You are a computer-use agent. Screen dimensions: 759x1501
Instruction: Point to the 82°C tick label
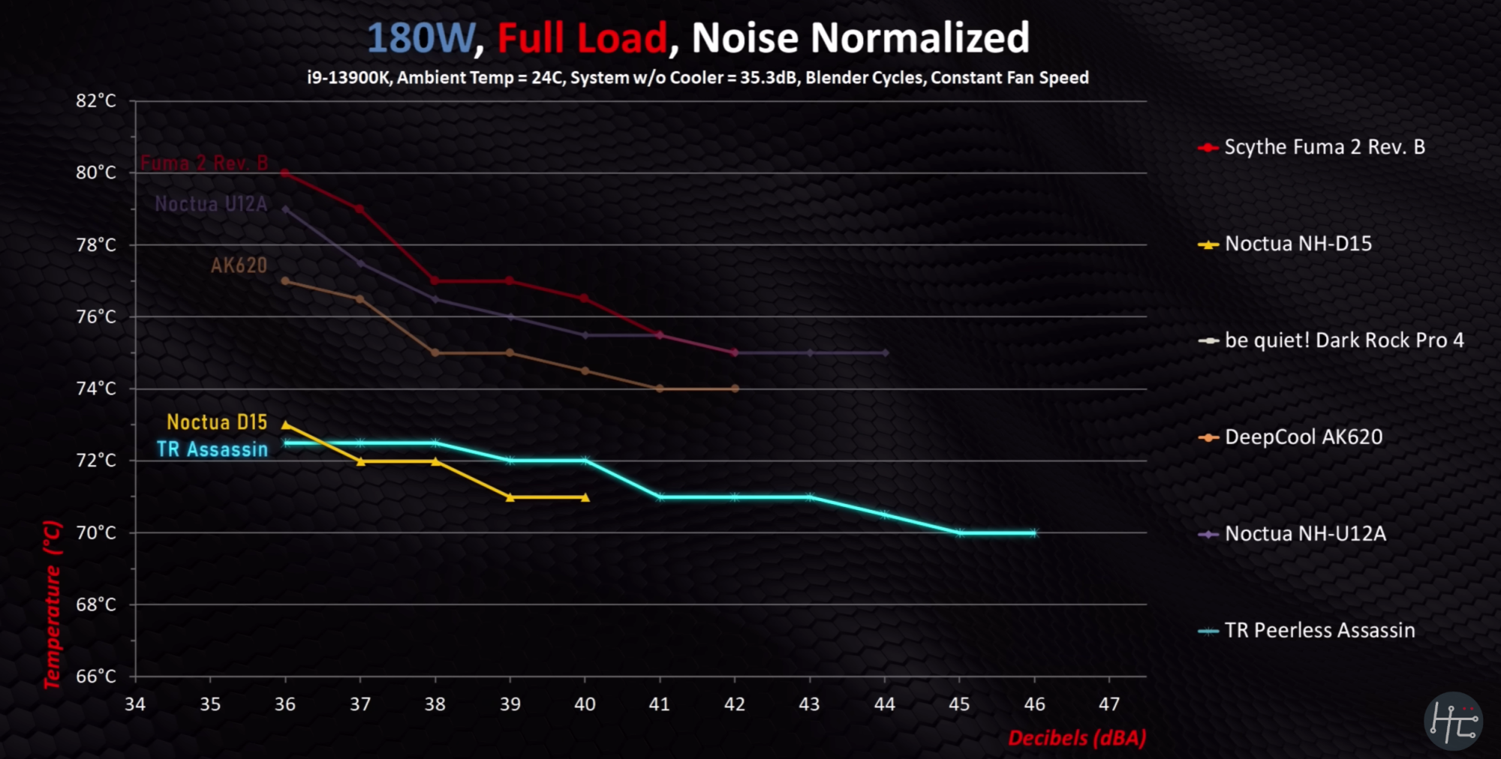click(96, 100)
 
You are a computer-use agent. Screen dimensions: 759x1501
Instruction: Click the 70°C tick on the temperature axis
click(96, 532)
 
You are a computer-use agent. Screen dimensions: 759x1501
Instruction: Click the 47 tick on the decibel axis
click(1109, 704)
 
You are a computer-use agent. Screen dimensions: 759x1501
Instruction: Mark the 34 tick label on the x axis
click(135, 704)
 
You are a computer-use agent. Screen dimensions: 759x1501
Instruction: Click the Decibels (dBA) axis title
click(1077, 738)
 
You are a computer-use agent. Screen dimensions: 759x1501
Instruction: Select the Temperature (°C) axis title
click(52, 604)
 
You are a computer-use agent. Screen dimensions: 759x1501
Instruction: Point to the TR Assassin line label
click(212, 449)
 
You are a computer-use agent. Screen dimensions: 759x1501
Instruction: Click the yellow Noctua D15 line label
click(217, 422)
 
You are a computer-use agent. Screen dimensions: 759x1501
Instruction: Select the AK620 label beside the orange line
click(239, 265)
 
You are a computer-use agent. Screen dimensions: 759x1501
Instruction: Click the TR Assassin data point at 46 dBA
click(1034, 533)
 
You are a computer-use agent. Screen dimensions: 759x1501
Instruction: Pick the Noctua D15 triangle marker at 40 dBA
click(585, 497)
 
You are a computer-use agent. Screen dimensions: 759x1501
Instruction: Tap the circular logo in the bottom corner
click(1454, 721)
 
